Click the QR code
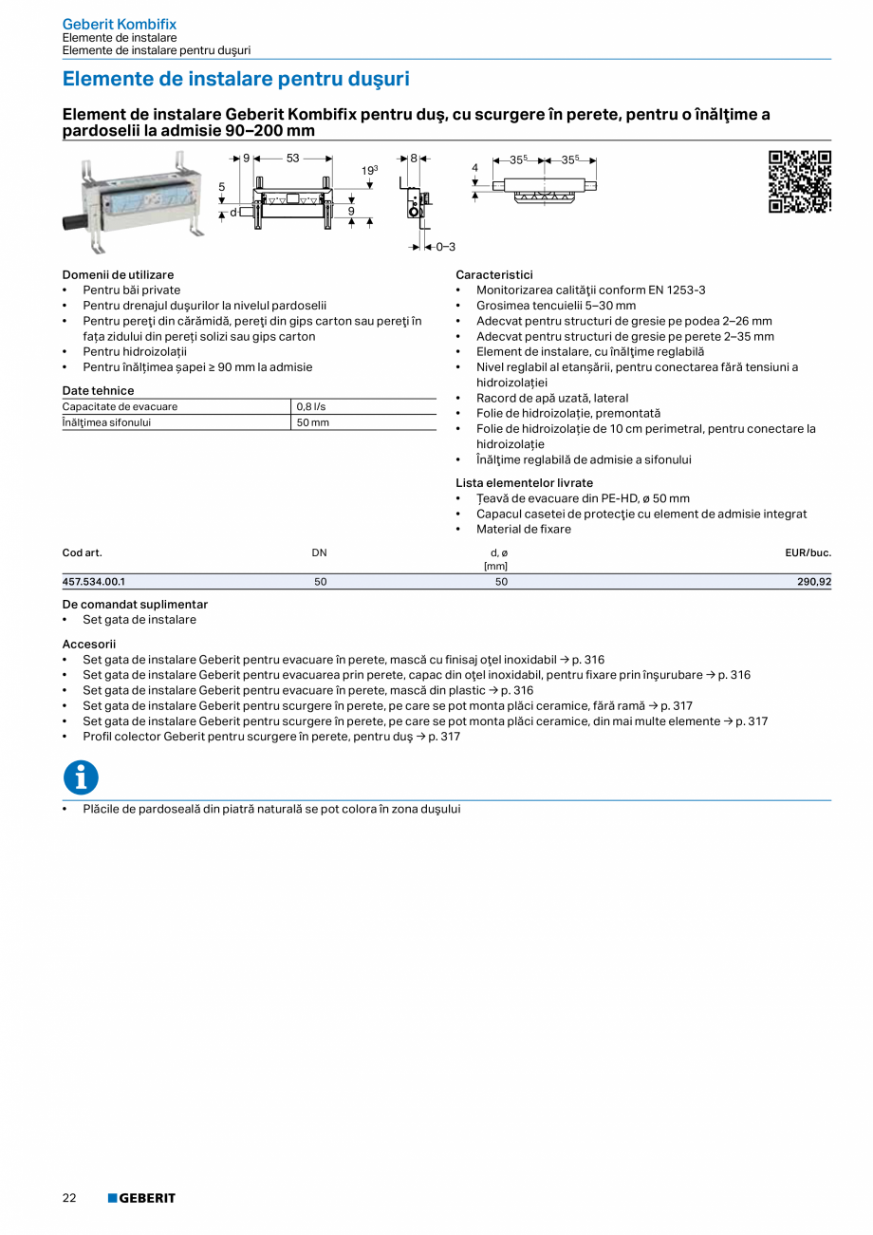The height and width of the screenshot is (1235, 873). coord(799,181)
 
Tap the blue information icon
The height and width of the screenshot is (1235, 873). coord(81,777)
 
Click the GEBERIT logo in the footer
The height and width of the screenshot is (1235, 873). coord(141,1198)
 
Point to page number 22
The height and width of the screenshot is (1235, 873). coord(69,1198)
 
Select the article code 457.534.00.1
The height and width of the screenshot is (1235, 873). coord(94,582)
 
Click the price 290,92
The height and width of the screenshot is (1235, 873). coord(814,582)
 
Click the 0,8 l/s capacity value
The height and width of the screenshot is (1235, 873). coord(311,407)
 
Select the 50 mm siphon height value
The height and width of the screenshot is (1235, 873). coord(313,422)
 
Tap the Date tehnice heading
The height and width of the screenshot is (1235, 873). coord(98,390)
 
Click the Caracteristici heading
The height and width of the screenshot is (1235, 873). coord(494,274)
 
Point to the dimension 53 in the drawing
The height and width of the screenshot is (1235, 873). coord(292,159)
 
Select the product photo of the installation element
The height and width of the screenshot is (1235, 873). coord(134,202)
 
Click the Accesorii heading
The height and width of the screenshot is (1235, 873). coord(89,644)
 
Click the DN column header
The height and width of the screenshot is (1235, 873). coord(319,552)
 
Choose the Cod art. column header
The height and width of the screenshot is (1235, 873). coord(82,552)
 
